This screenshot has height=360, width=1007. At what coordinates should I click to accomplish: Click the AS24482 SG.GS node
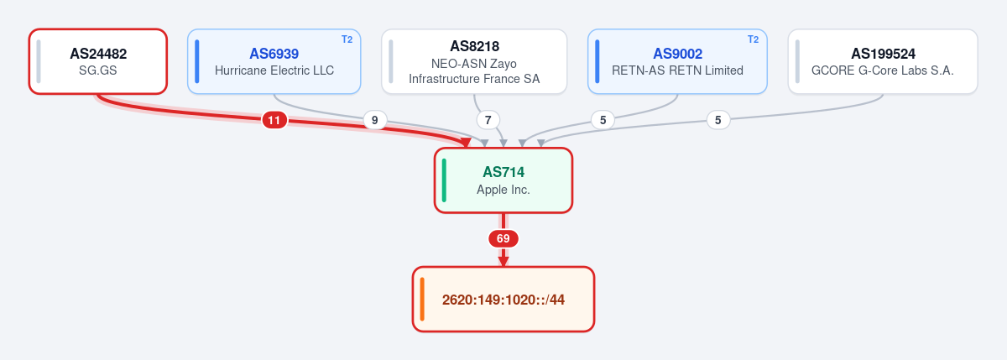pyautogui.click(x=98, y=61)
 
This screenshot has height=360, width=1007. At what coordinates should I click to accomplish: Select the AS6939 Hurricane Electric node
pyautogui.click(x=274, y=61)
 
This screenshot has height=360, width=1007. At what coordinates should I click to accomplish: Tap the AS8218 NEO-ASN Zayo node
pyautogui.click(x=474, y=61)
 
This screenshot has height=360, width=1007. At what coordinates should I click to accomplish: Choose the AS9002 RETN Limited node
pyautogui.click(x=677, y=61)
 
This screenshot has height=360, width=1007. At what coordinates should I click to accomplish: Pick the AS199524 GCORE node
pyautogui.click(x=883, y=61)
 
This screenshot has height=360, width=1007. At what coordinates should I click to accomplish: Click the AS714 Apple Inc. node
pyautogui.click(x=503, y=180)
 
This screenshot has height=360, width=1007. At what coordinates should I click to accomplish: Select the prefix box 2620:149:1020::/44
pyautogui.click(x=503, y=300)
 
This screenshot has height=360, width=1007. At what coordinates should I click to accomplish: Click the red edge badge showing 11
pyautogui.click(x=274, y=120)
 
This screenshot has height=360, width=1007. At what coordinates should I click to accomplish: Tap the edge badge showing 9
pyautogui.click(x=374, y=120)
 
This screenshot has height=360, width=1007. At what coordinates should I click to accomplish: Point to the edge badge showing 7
pyautogui.click(x=488, y=120)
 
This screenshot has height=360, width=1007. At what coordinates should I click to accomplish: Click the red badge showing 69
pyautogui.click(x=503, y=238)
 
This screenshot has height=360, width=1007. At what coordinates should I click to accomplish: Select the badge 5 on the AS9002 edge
pyautogui.click(x=603, y=120)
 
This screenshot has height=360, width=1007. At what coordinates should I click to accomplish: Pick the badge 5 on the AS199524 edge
pyautogui.click(x=718, y=120)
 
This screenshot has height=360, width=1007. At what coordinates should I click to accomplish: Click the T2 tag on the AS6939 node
pyautogui.click(x=347, y=39)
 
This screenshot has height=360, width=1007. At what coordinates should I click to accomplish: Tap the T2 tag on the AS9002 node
pyautogui.click(x=754, y=39)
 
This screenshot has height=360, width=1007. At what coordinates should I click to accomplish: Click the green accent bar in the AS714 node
pyautogui.click(x=444, y=180)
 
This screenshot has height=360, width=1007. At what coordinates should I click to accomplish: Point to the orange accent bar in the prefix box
pyautogui.click(x=422, y=300)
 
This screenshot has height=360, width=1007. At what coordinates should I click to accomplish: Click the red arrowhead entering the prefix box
pyautogui.click(x=503, y=261)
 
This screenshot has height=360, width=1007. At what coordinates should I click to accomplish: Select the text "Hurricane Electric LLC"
pyautogui.click(x=274, y=70)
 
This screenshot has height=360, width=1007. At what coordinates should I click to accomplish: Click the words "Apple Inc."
pyautogui.click(x=503, y=190)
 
